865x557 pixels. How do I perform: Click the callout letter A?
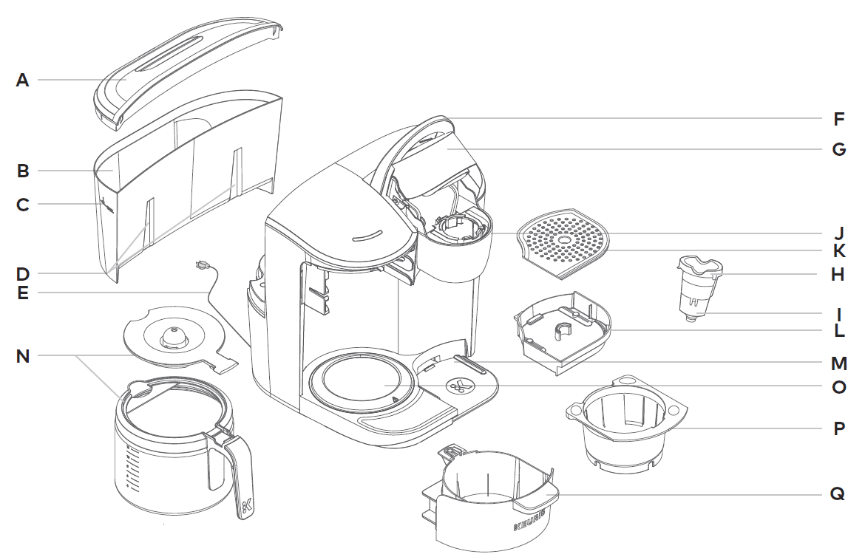23,80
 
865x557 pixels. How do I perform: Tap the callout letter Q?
838,494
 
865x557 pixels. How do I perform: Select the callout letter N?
23,356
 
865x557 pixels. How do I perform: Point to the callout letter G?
838,149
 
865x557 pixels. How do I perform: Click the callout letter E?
23,293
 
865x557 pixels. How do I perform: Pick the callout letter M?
838,363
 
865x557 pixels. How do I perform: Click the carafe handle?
238,473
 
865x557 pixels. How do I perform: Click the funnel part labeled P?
625,425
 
